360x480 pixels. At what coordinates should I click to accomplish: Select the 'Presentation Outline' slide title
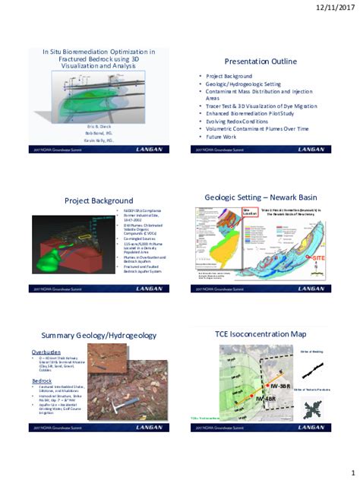click(261, 61)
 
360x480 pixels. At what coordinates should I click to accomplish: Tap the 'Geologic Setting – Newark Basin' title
click(261, 197)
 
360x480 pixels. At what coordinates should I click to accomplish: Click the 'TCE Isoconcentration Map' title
click(261, 333)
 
